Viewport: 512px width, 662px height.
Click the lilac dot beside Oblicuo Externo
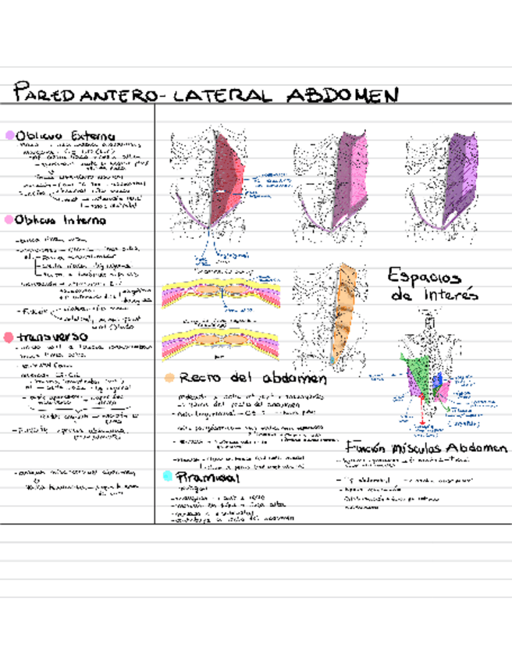[x=9, y=135]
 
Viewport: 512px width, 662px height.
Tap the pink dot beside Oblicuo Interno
[x=9, y=220]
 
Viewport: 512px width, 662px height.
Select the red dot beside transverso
[x=9, y=337]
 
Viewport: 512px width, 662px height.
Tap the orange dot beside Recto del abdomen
[x=169, y=378]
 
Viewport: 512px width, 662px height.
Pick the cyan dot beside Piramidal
[x=167, y=475]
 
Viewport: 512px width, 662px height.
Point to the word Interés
[x=438, y=296]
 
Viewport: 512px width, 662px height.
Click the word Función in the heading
[x=368, y=449]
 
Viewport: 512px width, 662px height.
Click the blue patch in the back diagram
[x=439, y=380]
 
